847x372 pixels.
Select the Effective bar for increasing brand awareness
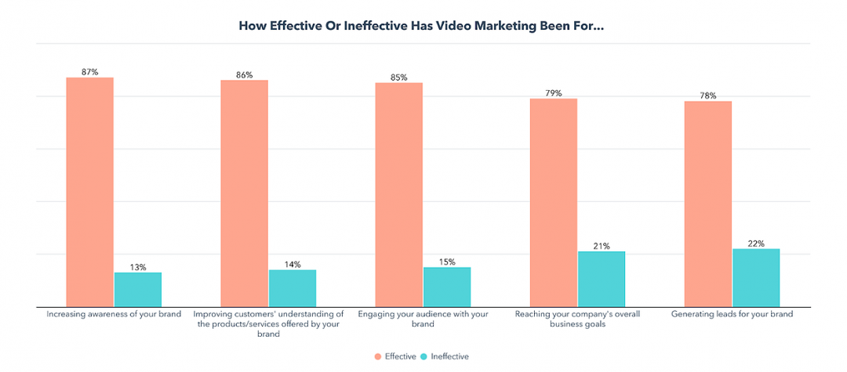(90, 192)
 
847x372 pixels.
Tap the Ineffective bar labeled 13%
(138, 289)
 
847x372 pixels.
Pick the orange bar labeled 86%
(245, 193)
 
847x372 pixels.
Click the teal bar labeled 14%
(293, 287)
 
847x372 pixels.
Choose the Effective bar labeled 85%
(399, 194)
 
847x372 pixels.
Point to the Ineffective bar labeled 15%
(447, 287)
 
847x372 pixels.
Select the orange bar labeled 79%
(554, 202)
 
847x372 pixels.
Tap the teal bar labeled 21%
(602, 279)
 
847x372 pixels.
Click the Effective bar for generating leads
(708, 204)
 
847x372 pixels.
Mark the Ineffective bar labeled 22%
(756, 277)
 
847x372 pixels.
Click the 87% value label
(90, 72)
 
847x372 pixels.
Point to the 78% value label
(708, 96)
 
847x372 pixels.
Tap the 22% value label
(756, 244)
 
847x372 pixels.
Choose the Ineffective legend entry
(446, 356)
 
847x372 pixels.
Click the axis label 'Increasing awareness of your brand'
(114, 314)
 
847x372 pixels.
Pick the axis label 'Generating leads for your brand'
(732, 314)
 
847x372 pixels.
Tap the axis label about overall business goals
(577, 319)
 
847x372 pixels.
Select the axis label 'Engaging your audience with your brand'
(423, 319)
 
